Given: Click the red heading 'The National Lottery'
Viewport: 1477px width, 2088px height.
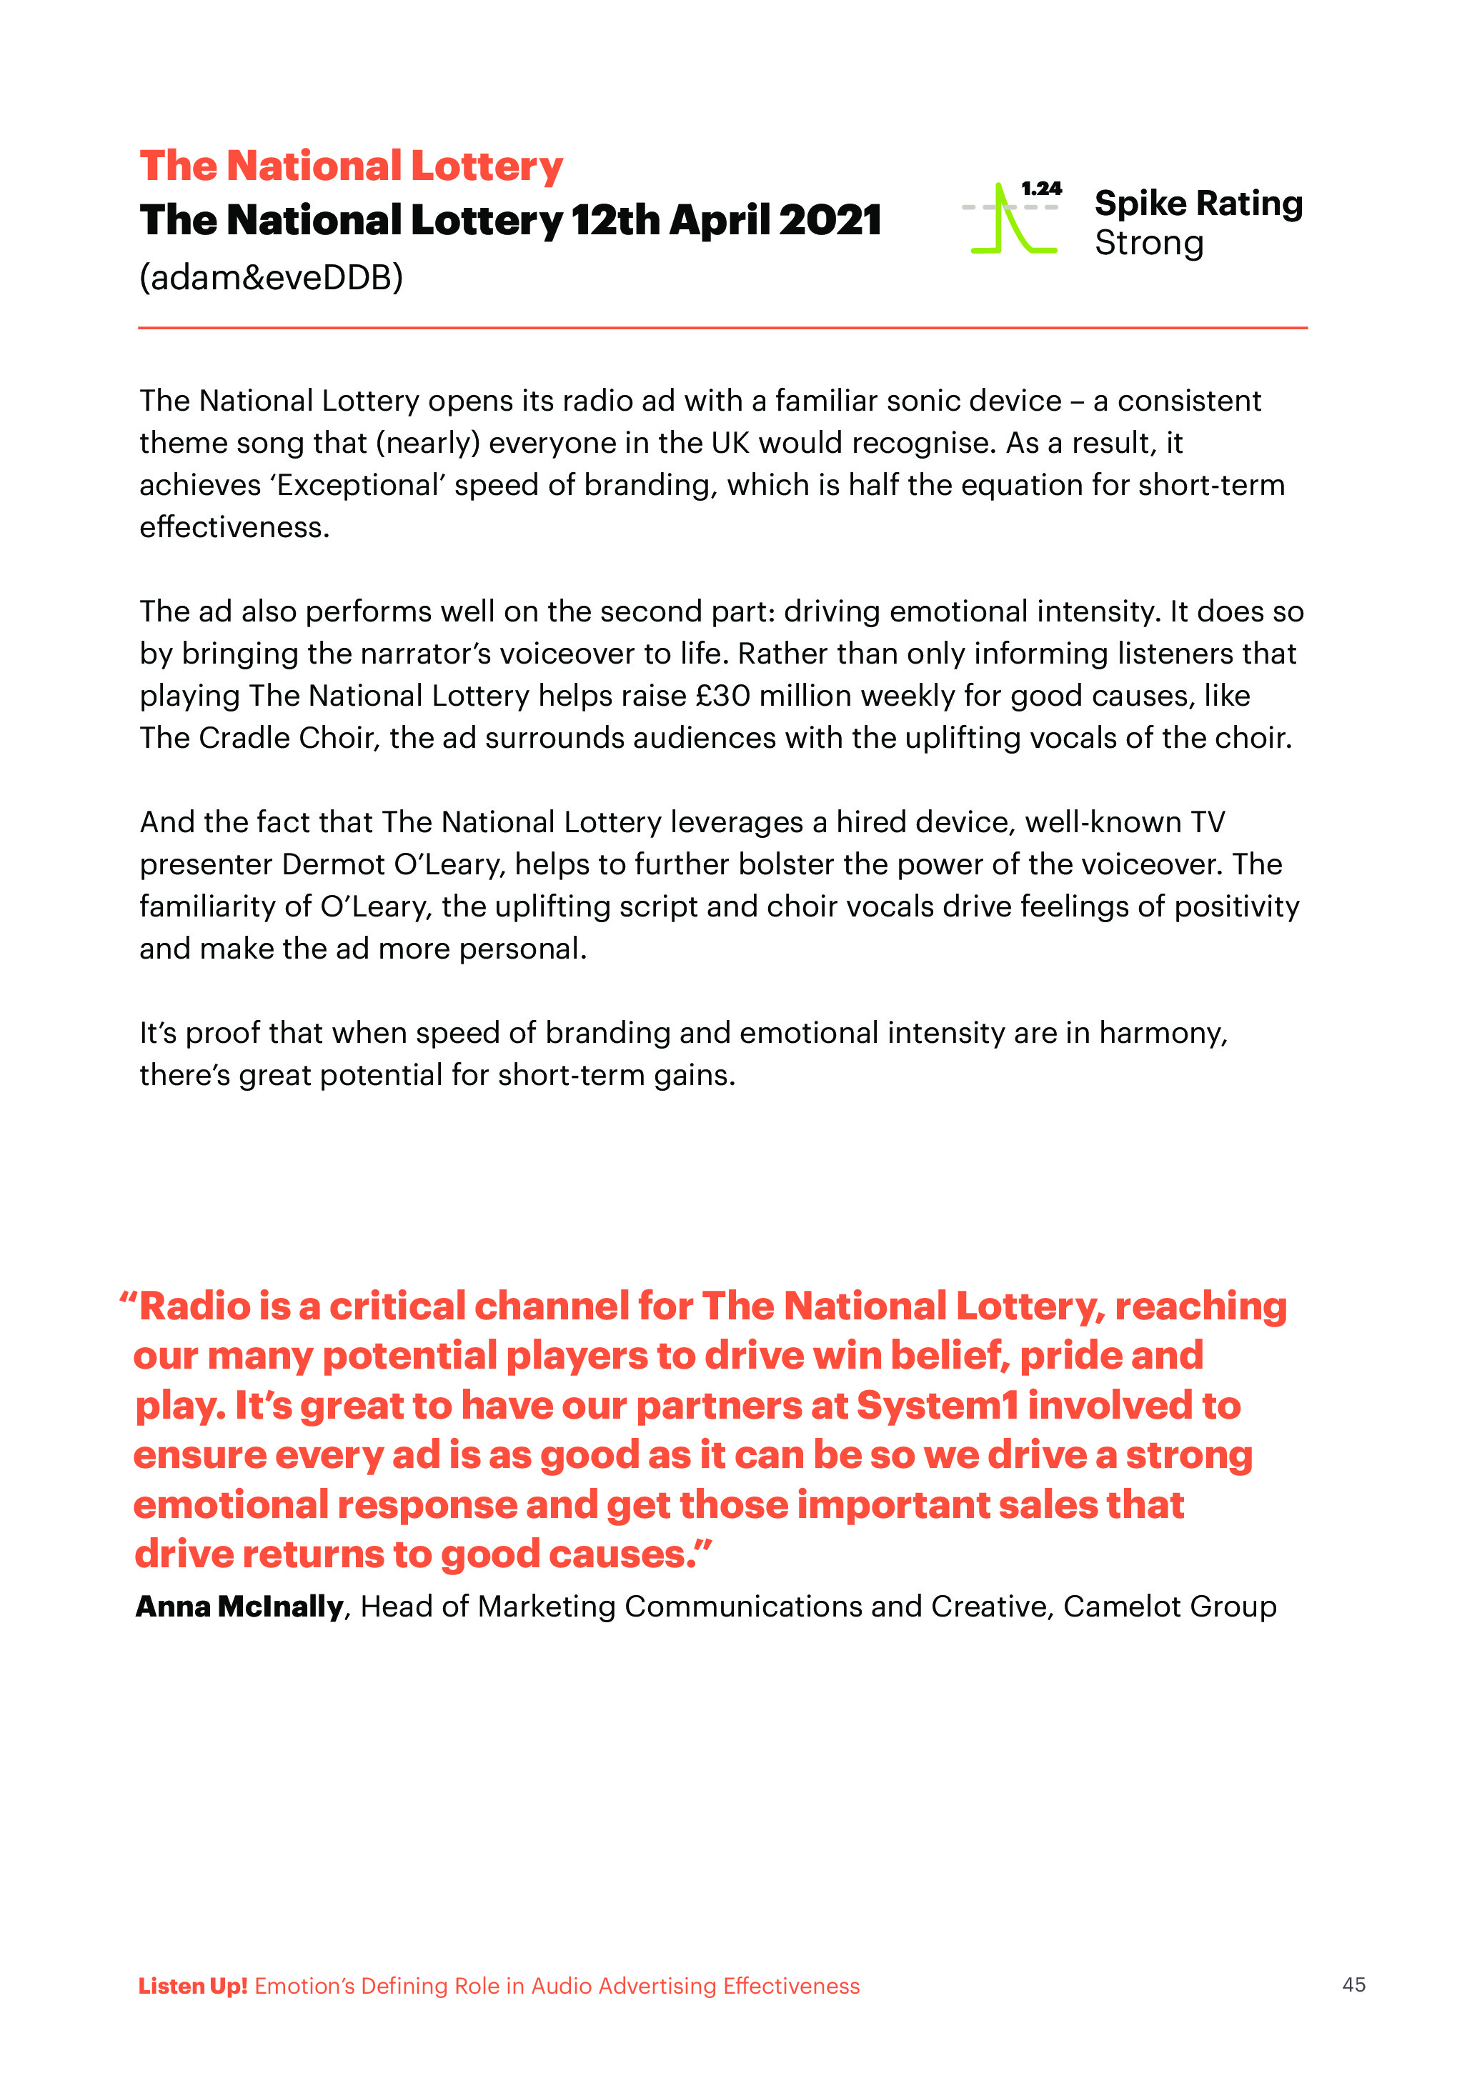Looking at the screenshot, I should (x=351, y=166).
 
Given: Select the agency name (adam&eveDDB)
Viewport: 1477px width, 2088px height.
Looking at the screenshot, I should (x=271, y=277).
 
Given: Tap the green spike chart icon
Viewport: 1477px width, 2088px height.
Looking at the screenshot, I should (x=1010, y=219).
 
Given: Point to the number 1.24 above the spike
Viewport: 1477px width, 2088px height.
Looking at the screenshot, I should (x=1041, y=189).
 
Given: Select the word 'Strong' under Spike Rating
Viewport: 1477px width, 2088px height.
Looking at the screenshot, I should (x=1149, y=244).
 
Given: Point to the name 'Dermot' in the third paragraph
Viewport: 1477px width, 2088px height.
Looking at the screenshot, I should (x=333, y=864).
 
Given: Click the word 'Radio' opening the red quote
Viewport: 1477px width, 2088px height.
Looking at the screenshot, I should (x=194, y=1307).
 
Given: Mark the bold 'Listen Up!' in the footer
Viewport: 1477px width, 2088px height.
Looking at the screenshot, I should (x=193, y=1986).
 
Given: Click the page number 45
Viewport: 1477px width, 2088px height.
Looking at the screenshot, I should (x=1353, y=1985).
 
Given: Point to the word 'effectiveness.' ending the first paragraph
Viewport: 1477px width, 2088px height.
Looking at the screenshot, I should (x=234, y=527).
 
